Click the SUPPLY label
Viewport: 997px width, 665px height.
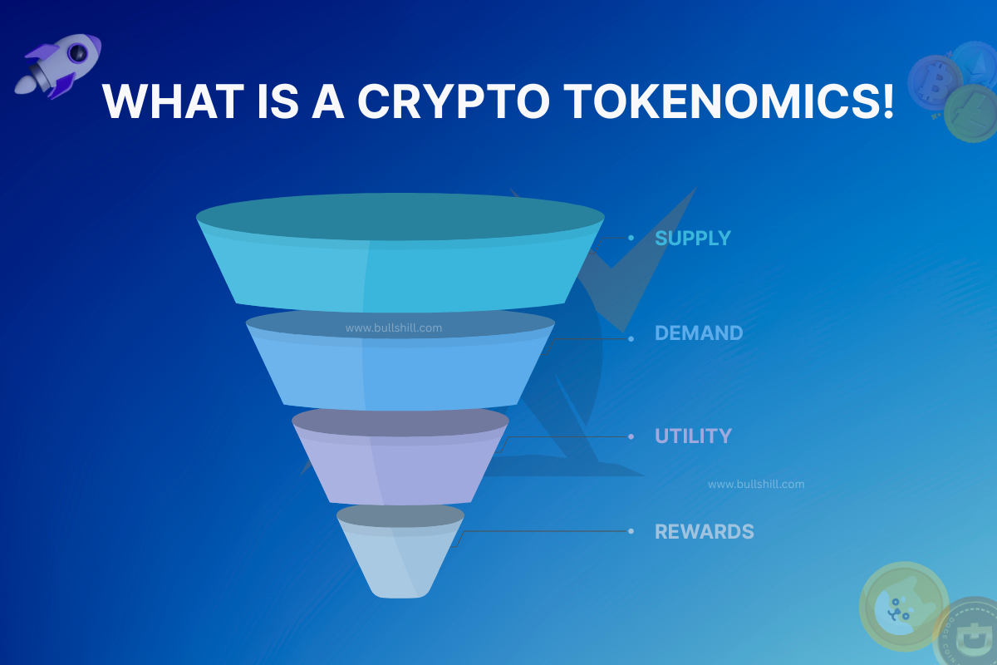(x=693, y=239)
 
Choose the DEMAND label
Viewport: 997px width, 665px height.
(x=699, y=333)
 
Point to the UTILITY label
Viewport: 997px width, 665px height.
(x=693, y=436)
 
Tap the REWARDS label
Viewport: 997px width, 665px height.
(x=704, y=532)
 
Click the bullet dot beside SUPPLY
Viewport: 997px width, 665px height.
(x=631, y=239)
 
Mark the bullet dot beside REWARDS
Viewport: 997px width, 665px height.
(x=631, y=531)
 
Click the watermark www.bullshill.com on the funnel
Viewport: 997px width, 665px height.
(x=394, y=328)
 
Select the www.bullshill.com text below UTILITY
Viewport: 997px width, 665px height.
(x=755, y=484)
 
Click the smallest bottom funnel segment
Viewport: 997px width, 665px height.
(x=400, y=561)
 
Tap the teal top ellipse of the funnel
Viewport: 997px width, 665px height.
(x=400, y=219)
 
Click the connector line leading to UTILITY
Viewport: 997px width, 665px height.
(x=565, y=436)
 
